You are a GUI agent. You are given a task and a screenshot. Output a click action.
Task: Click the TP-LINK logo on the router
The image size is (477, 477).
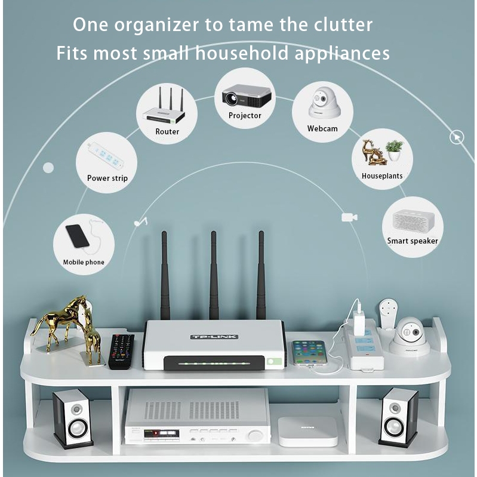click(x=214, y=337)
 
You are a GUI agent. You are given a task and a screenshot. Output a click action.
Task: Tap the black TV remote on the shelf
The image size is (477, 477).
click(x=121, y=352)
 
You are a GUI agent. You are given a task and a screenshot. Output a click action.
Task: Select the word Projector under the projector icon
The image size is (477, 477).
click(x=245, y=116)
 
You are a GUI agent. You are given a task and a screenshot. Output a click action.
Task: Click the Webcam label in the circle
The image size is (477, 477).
click(x=322, y=129)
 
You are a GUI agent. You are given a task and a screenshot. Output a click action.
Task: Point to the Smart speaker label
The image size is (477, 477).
click(x=413, y=241)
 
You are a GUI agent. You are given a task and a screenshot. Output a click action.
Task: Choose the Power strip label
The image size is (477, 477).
click(x=107, y=179)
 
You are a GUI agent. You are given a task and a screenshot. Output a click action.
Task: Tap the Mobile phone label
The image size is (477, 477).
click(x=84, y=262)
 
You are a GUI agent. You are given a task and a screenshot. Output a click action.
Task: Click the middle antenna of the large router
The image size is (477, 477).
click(x=214, y=275)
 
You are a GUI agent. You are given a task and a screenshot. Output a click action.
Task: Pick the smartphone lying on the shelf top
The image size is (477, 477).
click(x=309, y=353)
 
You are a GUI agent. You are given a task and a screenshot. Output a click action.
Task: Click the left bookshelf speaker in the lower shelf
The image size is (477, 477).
click(x=72, y=419)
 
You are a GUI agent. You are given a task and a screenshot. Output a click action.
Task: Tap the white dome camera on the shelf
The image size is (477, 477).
click(x=410, y=337)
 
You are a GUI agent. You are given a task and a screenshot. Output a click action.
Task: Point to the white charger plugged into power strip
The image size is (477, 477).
click(x=358, y=323)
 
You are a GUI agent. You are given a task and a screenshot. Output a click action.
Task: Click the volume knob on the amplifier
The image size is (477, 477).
click(x=254, y=436)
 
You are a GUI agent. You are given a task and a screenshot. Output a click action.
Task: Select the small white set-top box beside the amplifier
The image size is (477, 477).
click(x=308, y=431)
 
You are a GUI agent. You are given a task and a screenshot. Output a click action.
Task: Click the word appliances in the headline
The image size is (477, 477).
click(x=342, y=54)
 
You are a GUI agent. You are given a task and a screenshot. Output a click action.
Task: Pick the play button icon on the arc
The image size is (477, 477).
click(x=457, y=137)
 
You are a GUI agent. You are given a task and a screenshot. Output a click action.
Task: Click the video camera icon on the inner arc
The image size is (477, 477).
click(x=349, y=217)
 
